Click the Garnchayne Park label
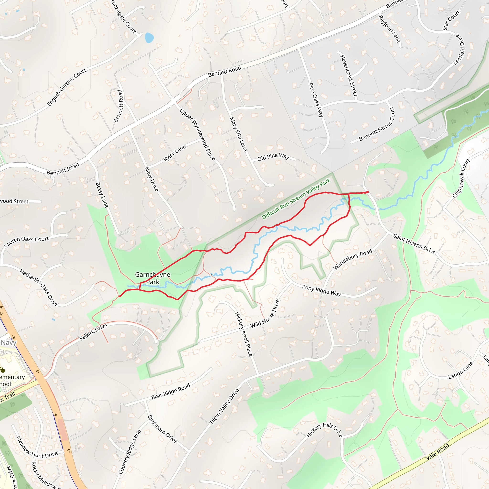tap(153, 278)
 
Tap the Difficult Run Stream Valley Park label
tap(296, 199)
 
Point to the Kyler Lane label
tap(175, 153)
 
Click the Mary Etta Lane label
tap(238, 134)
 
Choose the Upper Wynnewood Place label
tap(197, 134)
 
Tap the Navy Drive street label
tap(151, 179)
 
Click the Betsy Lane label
tap(102, 195)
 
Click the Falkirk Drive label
tap(93, 332)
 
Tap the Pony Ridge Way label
tap(321, 290)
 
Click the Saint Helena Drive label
tap(414, 244)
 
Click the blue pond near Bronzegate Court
tap(149, 38)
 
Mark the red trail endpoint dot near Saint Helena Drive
tap(367, 192)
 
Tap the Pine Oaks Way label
tap(316, 100)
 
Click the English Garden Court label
tap(67, 87)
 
